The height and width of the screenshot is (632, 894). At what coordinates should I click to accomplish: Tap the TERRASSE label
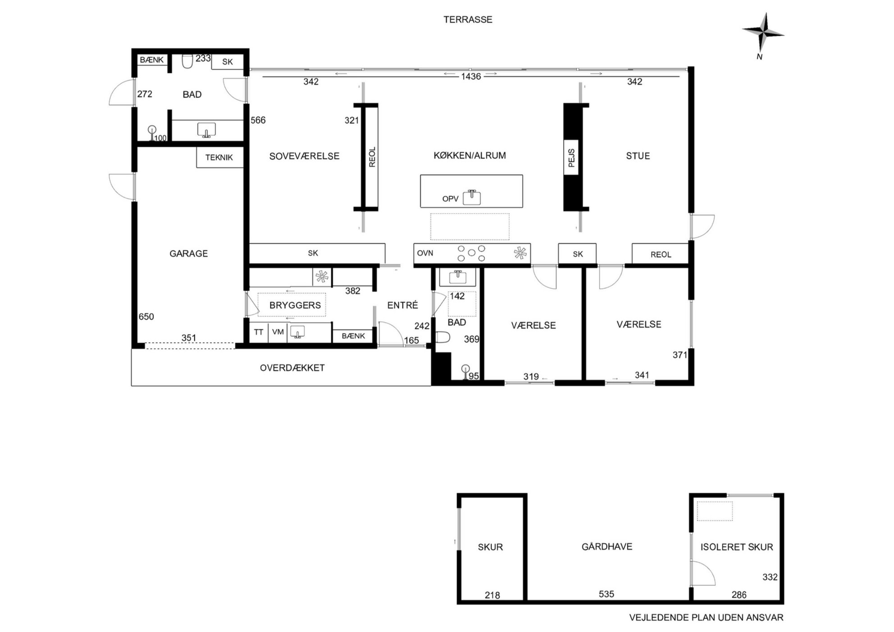point(468,20)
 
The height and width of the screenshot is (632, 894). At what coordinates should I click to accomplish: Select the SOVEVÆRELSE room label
point(304,156)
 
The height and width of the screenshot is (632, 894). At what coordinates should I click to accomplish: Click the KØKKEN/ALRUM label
point(470,155)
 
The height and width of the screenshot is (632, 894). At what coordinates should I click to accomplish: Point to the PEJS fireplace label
point(571,158)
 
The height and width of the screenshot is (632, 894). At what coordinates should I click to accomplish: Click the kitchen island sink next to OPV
point(472,197)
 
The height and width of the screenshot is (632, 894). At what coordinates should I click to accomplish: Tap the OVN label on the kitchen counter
point(425,253)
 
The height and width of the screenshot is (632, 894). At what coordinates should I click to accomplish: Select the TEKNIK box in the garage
point(219,158)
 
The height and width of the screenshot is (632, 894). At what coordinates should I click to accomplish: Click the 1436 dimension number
point(471,77)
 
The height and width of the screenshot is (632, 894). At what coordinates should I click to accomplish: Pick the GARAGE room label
point(188,254)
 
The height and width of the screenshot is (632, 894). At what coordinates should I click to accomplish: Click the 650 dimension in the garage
point(146,317)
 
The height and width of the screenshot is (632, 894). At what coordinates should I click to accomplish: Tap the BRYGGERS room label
point(295,305)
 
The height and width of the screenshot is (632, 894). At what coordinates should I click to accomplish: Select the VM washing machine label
point(278,332)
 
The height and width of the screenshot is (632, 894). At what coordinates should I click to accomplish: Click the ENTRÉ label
point(403,305)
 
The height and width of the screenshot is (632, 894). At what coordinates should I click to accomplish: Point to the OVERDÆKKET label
point(292,368)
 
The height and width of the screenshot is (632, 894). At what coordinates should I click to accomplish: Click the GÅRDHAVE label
point(607,546)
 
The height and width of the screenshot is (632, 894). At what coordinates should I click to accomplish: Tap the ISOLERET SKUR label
point(737,547)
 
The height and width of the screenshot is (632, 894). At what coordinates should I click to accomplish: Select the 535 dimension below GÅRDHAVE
point(607,594)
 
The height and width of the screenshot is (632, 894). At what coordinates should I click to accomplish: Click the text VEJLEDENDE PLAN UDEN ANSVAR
point(706,618)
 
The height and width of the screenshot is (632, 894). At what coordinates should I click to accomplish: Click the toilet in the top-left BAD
point(187,61)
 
